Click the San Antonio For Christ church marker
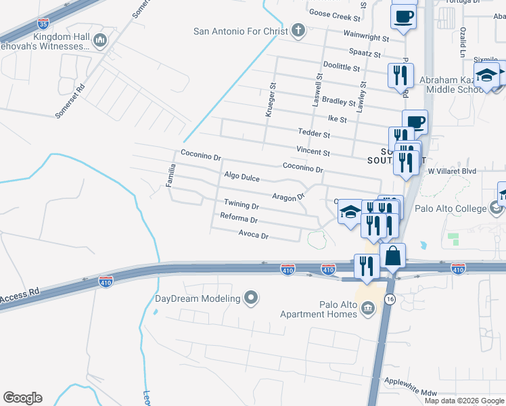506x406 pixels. [297, 30]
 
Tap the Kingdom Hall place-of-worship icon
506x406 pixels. [100, 40]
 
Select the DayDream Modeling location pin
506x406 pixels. [251, 298]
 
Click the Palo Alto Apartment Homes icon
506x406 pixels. [368, 310]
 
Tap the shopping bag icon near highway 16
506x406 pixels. [392, 257]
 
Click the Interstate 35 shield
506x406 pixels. [43, 23]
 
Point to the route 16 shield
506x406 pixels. [389, 298]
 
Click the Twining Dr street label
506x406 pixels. [241, 204]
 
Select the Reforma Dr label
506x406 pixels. [239, 219]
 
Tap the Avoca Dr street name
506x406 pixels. [254, 236]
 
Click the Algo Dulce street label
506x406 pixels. [241, 177]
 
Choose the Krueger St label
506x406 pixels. [271, 100]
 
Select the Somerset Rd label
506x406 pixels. [70, 101]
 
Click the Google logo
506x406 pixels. [22, 398]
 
